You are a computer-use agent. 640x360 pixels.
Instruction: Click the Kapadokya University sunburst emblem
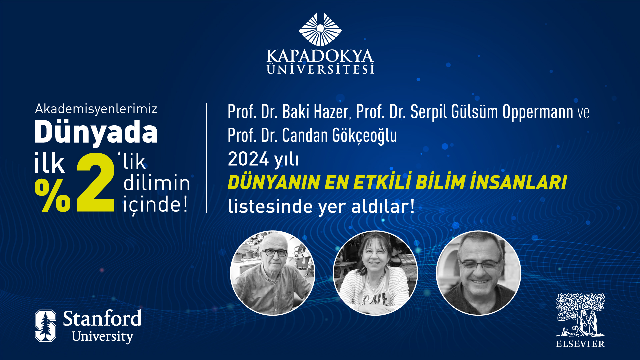320,29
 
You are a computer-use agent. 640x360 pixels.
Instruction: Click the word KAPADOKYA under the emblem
320,56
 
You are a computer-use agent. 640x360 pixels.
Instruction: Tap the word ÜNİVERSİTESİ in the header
320,69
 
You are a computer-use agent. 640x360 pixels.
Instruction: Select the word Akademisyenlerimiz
96,109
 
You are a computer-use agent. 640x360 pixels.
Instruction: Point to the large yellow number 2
96,183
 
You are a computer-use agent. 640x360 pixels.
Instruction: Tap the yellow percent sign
53,195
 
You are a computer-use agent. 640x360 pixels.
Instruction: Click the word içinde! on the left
155,204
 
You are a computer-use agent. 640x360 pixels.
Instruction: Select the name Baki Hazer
315,112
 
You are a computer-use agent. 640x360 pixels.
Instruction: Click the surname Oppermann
538,112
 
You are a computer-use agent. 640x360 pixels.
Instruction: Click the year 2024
248,159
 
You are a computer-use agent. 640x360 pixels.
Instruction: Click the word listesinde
270,206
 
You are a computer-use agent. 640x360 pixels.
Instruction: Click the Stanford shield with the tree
45,326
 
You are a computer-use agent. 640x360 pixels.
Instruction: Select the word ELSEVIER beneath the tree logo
580,344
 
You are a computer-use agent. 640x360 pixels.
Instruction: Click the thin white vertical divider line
207,158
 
